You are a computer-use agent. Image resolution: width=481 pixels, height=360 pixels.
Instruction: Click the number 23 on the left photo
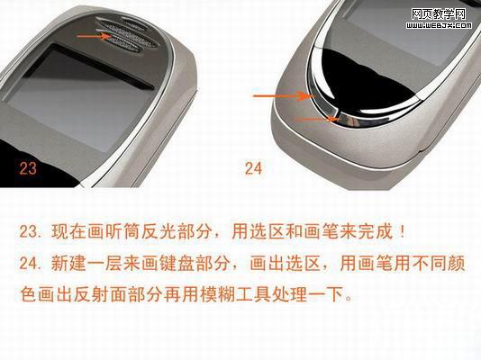(x=28, y=168)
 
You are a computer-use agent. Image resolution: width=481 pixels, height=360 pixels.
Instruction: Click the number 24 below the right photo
(x=254, y=168)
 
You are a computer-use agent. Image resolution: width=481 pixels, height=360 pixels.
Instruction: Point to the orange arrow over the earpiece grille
(x=95, y=36)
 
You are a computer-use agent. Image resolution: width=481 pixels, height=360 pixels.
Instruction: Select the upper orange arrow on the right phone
(x=285, y=96)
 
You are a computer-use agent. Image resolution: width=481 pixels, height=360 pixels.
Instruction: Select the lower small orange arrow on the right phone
(x=316, y=119)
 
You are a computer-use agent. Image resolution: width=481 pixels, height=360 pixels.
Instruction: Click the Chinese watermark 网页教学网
(x=439, y=14)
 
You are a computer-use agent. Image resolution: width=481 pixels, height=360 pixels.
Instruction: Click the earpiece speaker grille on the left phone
(x=130, y=33)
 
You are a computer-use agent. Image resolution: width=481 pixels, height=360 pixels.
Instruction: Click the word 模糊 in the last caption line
(x=216, y=294)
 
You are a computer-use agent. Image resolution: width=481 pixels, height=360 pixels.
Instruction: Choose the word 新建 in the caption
(x=68, y=263)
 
